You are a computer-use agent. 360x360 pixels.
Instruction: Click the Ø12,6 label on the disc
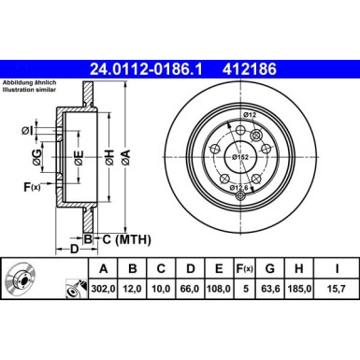pyautogui.click(x=241, y=188)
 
